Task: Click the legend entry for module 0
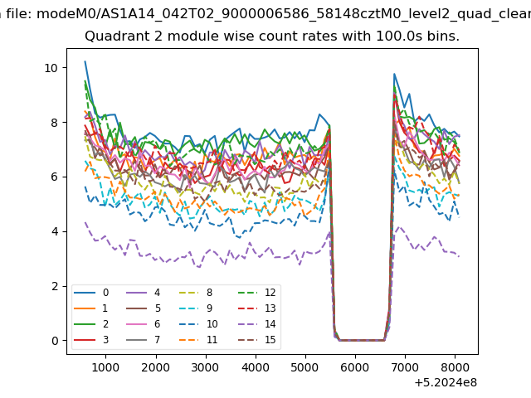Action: coord(91,293)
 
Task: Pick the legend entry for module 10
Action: coord(199,324)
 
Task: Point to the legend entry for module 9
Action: coord(196,308)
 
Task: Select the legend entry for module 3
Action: coord(91,340)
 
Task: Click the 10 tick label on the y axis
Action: coord(51,68)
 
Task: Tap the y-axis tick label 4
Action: coord(55,232)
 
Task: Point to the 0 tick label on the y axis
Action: coord(55,341)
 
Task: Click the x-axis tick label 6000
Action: coord(355,367)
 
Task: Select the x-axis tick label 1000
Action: coord(105,367)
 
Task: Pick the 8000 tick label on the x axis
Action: coord(455,367)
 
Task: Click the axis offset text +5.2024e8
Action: coord(446,382)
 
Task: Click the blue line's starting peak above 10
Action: coord(85,61)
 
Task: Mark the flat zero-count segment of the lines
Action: coord(362,340)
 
